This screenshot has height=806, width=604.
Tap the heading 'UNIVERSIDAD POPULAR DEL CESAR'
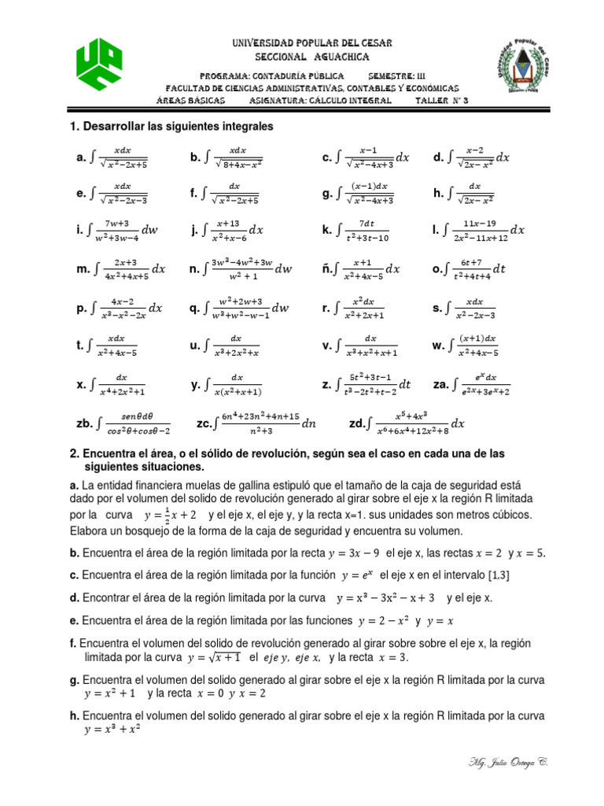pos(301,43)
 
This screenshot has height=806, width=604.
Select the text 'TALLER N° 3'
pos(441,101)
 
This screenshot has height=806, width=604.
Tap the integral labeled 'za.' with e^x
pos(481,385)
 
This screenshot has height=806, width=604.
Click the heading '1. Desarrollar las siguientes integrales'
pos(171,126)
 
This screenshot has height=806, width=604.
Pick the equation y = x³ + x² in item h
pos(112,730)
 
